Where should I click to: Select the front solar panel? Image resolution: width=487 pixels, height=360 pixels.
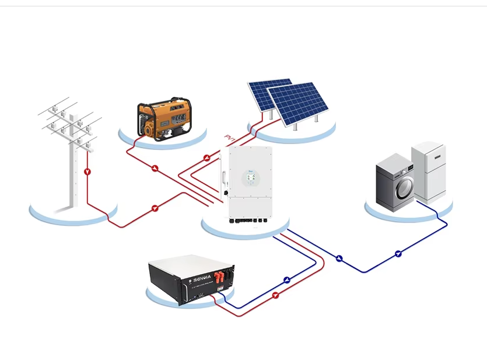click(297, 103)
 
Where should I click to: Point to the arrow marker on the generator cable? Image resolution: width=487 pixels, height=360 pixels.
click(155, 169)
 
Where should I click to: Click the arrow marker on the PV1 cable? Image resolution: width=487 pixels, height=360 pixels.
click(206, 158)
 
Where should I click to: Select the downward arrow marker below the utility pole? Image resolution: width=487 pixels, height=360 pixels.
click(87, 172)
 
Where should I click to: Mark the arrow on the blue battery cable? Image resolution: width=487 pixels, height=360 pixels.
click(287, 280)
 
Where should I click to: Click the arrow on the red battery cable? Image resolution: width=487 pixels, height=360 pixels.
click(275, 296)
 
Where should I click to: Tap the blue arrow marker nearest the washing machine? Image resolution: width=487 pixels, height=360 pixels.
click(398, 253)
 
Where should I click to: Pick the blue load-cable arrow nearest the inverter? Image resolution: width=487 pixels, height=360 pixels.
click(339, 258)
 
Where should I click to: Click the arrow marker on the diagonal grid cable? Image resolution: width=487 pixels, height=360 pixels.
click(155, 208)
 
